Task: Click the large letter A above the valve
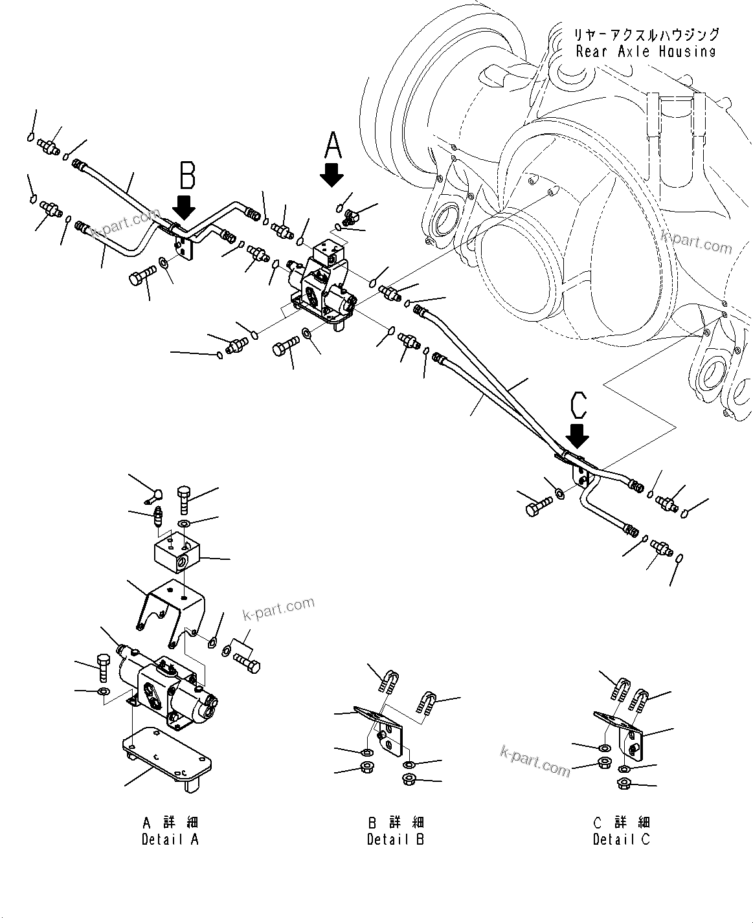click(x=332, y=145)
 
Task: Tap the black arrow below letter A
click(x=333, y=175)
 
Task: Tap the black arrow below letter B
click(x=185, y=207)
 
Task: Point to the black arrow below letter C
click(x=577, y=435)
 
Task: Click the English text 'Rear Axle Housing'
click(x=646, y=52)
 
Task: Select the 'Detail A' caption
click(x=170, y=839)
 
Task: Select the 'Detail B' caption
click(x=396, y=839)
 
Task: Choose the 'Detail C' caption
click(x=621, y=839)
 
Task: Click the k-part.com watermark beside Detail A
click(x=278, y=608)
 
